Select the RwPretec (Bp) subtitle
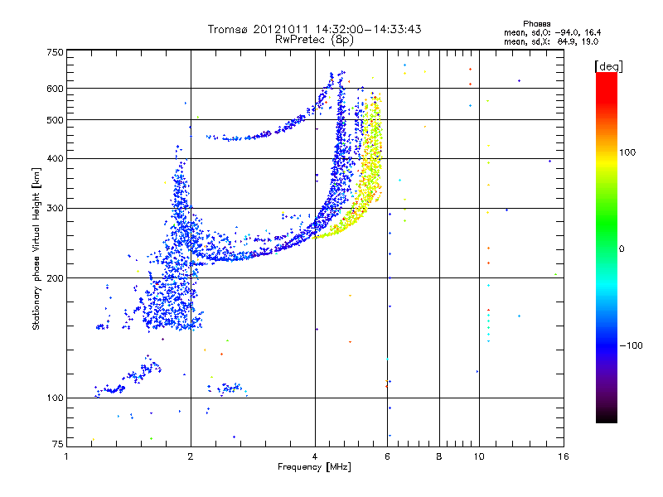coord(314,39)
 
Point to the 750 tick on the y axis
coord(54,51)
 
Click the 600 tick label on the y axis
coord(54,88)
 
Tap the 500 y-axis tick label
coord(54,119)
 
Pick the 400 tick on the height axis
coord(54,158)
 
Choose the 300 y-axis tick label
coord(54,208)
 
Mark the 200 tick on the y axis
coord(54,277)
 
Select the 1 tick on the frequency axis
coord(66,456)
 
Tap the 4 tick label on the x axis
coord(315,456)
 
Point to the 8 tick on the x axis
coord(439,456)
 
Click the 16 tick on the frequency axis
coord(563,456)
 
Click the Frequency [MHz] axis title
coord(314,467)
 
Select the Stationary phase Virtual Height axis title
coord(36,248)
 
